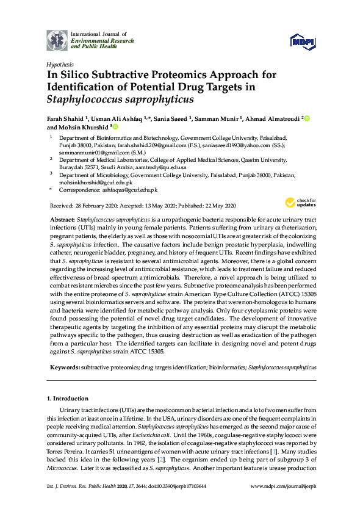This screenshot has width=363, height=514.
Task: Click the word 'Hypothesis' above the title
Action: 60,64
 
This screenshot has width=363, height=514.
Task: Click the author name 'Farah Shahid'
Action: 67,117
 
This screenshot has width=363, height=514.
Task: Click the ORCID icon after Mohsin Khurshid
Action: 115,127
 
